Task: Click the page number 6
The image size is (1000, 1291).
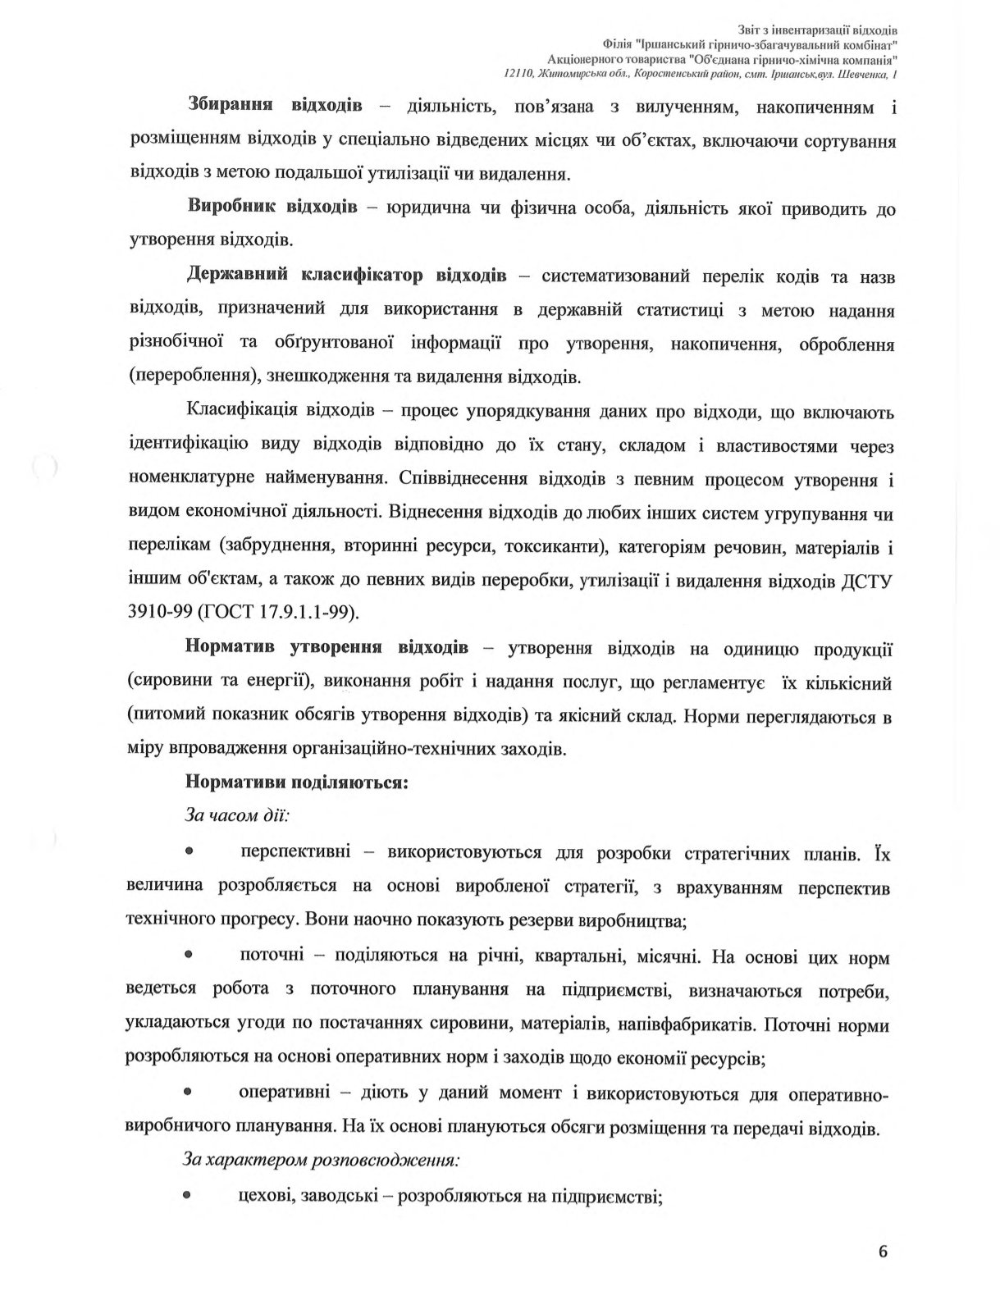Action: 883,1252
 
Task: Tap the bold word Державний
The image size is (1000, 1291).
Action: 236,275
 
